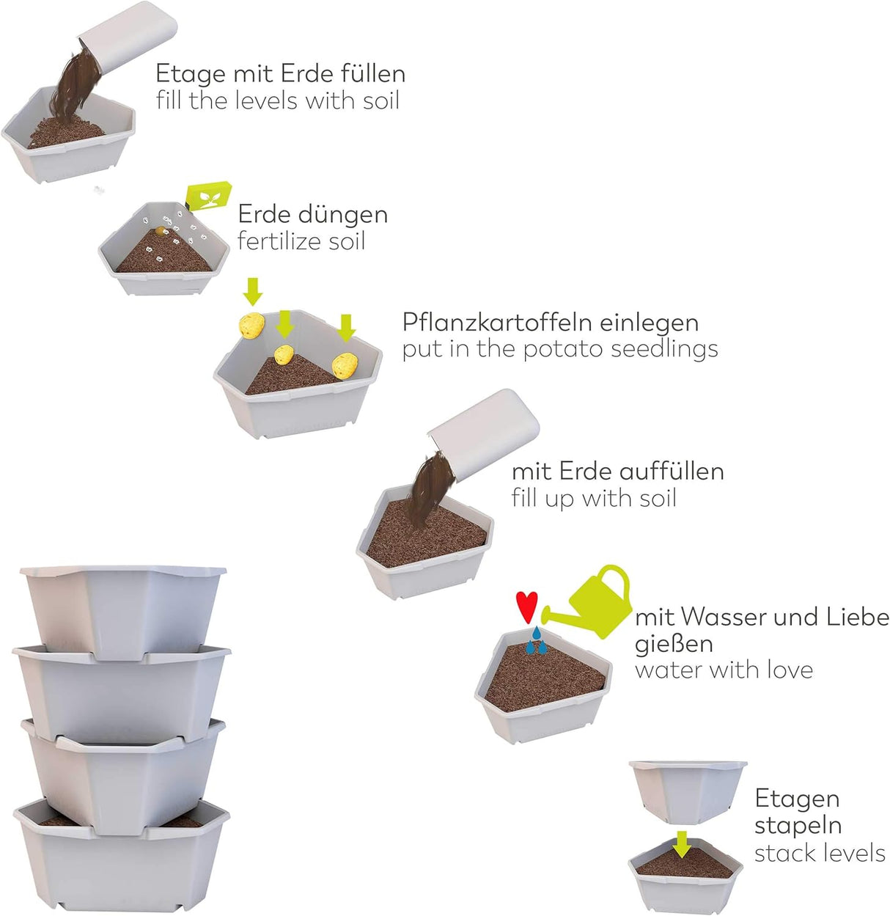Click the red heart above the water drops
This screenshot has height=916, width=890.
click(x=527, y=606)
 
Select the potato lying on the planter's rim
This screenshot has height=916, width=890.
click(x=251, y=324)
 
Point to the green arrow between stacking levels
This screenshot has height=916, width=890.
click(x=682, y=843)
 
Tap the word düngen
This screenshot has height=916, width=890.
click(x=343, y=214)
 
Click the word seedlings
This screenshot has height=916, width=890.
click(x=664, y=348)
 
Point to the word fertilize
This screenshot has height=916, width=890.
click(x=279, y=241)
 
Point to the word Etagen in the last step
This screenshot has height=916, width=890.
click(x=797, y=798)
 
